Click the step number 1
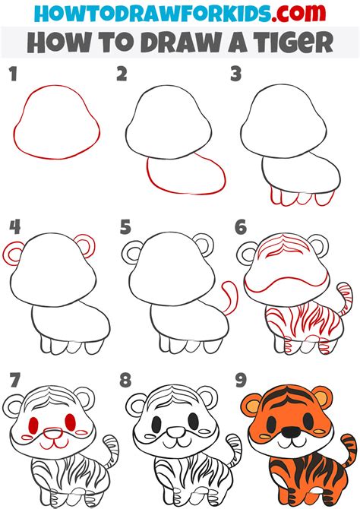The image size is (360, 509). (11, 74)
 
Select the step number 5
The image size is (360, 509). (126, 226)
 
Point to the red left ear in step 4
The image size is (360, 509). (14, 253)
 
